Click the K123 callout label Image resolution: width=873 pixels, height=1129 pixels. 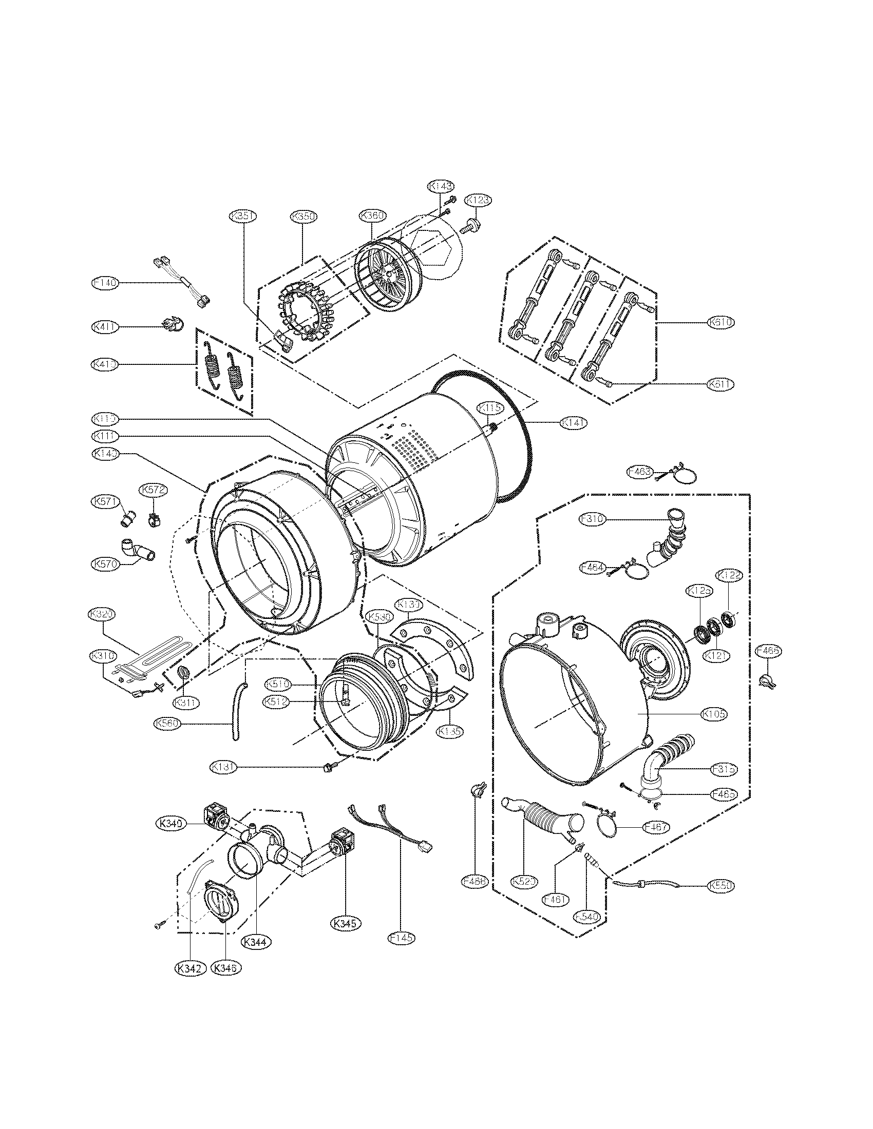[478, 200]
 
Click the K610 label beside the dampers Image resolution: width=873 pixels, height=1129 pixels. [721, 322]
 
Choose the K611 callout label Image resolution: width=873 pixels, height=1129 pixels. [721, 384]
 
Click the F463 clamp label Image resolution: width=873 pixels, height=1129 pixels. [639, 472]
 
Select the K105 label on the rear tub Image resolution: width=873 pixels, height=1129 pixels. [714, 714]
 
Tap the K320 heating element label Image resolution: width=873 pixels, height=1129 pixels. [101, 614]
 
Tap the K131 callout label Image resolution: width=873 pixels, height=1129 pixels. [224, 782]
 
